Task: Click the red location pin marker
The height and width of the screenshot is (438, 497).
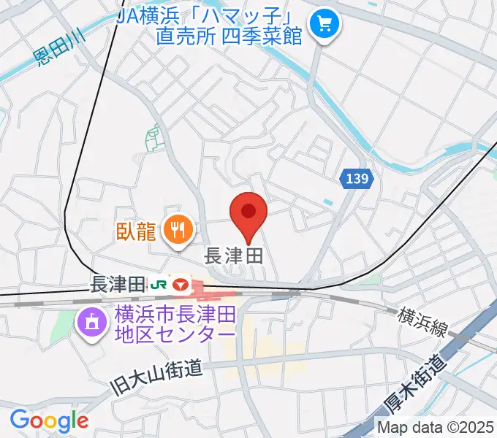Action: (248, 212)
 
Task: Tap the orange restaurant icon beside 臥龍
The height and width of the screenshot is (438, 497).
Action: (177, 231)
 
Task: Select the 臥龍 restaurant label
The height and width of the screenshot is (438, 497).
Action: (136, 232)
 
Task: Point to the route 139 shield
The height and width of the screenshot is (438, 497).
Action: (357, 177)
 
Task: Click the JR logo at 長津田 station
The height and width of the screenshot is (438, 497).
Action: (158, 283)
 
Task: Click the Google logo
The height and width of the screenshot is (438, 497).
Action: (49, 420)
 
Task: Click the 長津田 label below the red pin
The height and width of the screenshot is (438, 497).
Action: (232, 255)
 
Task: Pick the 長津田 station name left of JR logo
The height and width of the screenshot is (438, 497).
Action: (118, 282)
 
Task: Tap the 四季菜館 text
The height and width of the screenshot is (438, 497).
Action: (265, 36)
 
